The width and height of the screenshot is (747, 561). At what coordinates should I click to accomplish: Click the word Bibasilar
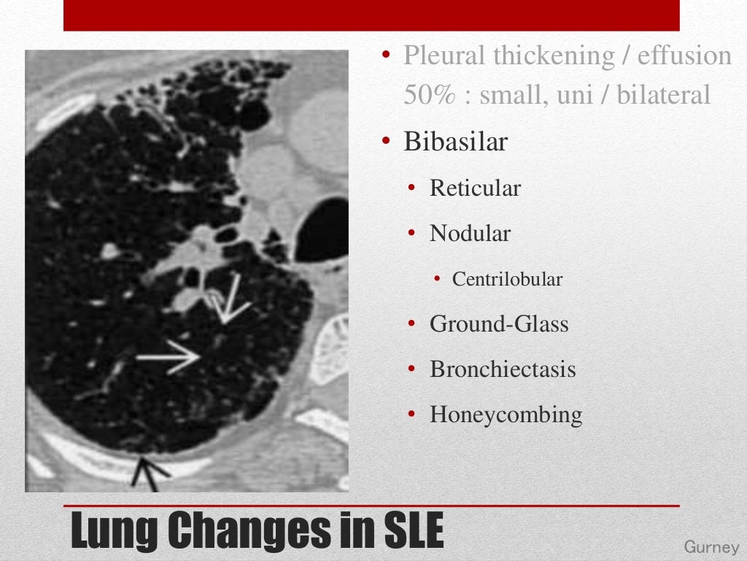(x=455, y=142)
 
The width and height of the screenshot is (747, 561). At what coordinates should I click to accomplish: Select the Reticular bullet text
(x=475, y=188)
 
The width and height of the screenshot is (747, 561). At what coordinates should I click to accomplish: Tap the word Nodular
(x=470, y=234)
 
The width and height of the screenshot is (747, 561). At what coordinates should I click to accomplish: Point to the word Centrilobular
(x=507, y=279)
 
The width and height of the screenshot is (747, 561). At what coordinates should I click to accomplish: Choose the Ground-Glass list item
(x=499, y=324)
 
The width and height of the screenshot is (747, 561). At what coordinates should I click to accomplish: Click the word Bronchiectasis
(x=503, y=370)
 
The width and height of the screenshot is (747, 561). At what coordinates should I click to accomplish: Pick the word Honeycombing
(x=506, y=415)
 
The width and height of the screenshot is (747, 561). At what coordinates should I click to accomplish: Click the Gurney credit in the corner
(x=711, y=547)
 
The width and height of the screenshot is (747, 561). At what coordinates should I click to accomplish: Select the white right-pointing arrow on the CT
(x=169, y=357)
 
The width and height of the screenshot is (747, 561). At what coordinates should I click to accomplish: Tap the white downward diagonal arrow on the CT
(x=231, y=298)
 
